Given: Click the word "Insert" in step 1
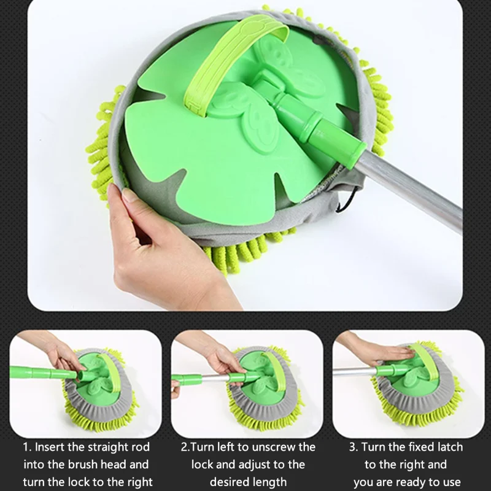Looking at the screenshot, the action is tap(49, 447).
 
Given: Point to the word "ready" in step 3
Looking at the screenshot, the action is tap(414, 482).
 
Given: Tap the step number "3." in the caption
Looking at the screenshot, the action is tap(354, 447).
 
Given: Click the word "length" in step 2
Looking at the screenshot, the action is tap(269, 482).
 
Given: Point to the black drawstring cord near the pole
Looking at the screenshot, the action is tap(347, 201).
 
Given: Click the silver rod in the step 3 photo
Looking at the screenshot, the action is tap(355, 371).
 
